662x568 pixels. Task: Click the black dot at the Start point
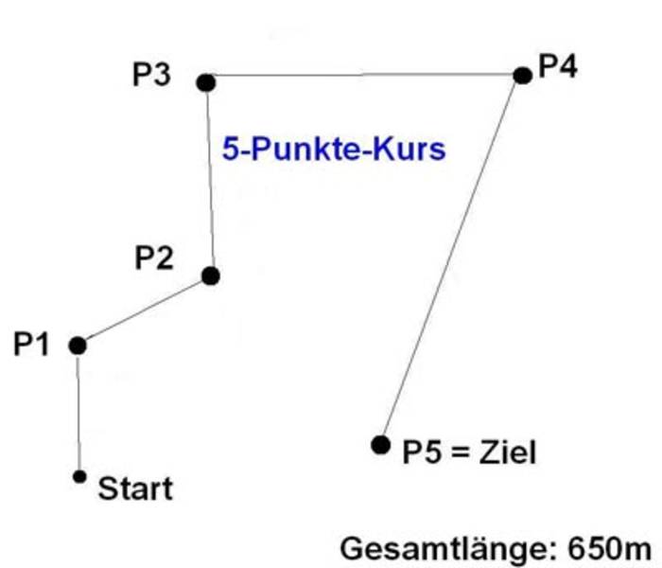coord(79,476)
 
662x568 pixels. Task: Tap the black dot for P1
coord(78,346)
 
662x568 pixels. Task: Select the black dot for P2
coord(211,276)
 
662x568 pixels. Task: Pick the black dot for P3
coord(206,82)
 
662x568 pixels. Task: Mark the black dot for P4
coord(521,75)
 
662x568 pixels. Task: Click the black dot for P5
coord(381,444)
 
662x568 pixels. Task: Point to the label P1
coord(30,346)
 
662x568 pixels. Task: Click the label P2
coord(152,257)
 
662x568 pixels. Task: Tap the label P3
coord(151,75)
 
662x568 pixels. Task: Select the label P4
coord(558,67)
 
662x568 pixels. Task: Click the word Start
coord(136,489)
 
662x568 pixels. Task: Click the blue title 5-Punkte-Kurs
coord(333,150)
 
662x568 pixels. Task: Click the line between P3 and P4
coord(364,79)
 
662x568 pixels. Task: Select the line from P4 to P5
coord(451,259)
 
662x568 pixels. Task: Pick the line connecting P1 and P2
coord(144,311)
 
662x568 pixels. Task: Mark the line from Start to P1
coord(78,411)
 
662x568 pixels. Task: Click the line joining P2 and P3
coord(209,180)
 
